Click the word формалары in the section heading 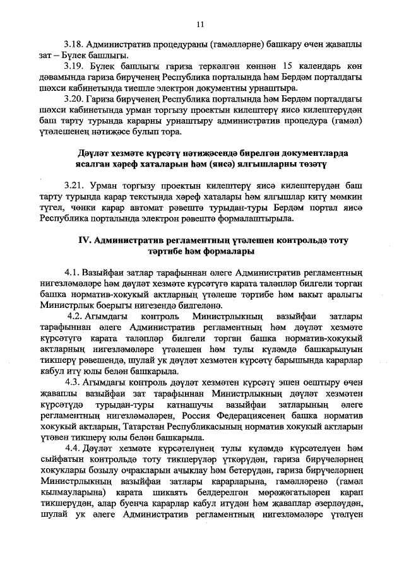[230, 251]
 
